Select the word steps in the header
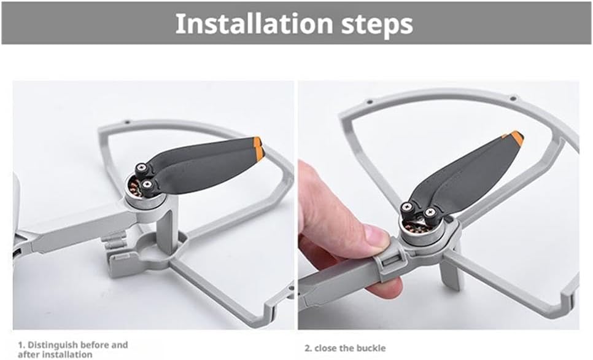click(x=377, y=26)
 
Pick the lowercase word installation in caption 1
click(x=66, y=354)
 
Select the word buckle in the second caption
click(x=373, y=348)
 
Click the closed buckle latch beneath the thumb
click(x=391, y=261)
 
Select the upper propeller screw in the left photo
click(x=142, y=167)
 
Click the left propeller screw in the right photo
click(x=407, y=206)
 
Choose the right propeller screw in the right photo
click(x=430, y=212)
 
